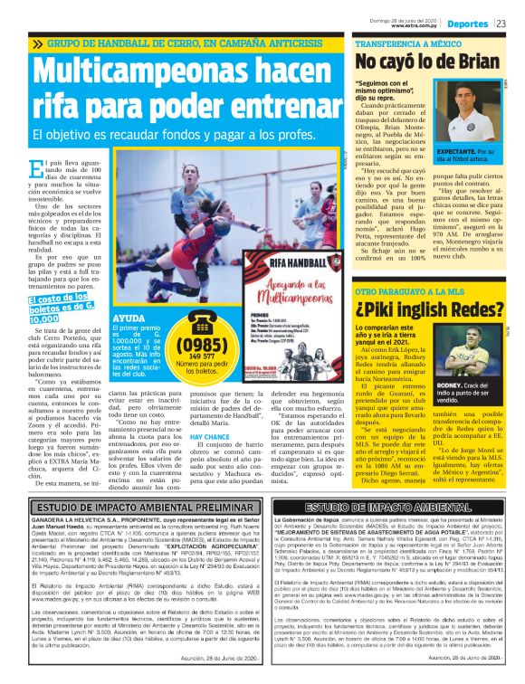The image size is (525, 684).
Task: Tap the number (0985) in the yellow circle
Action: (x=207, y=346)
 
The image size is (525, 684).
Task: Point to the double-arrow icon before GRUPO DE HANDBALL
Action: (x=37, y=43)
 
